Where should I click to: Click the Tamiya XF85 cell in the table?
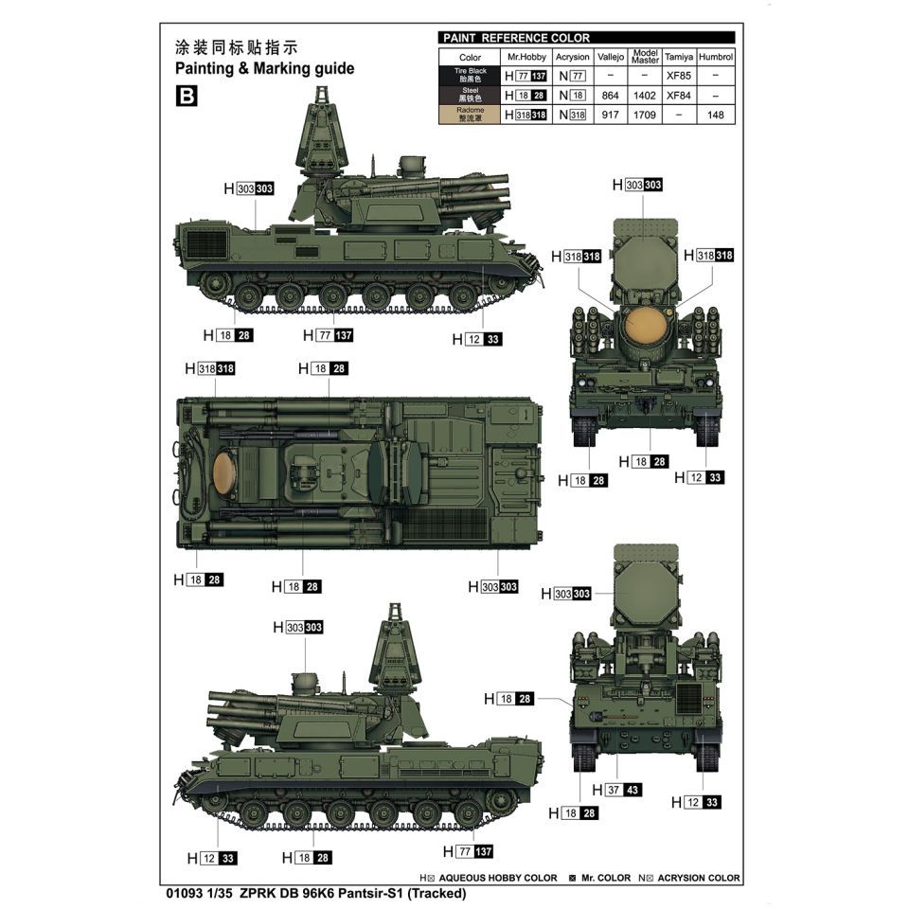point(679,76)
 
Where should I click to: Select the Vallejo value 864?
point(610,96)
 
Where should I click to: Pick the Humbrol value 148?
point(716,115)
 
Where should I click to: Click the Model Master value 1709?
point(644,115)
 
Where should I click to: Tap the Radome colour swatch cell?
point(470,115)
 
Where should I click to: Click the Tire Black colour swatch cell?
point(470,76)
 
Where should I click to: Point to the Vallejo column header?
point(611,57)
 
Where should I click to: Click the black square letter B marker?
point(187,96)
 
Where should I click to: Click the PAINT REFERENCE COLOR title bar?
point(587,38)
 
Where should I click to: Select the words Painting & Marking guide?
point(264,68)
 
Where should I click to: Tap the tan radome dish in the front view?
point(645,325)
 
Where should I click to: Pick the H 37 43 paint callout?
point(616,790)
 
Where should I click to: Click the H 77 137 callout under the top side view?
point(329,335)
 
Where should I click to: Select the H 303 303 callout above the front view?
point(637,185)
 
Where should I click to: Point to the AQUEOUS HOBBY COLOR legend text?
point(498,879)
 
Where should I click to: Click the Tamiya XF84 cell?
point(679,96)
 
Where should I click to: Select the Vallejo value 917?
point(610,115)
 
